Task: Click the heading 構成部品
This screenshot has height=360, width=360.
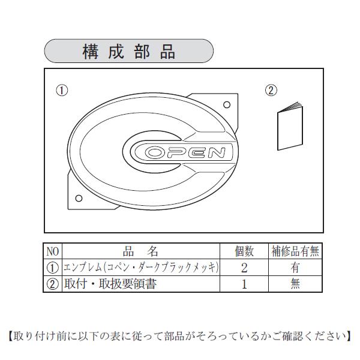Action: coord(128,51)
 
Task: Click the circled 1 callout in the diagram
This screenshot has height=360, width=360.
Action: coord(61,91)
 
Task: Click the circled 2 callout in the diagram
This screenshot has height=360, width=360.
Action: coord(271,91)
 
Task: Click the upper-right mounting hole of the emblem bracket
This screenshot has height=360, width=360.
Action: coord(228,103)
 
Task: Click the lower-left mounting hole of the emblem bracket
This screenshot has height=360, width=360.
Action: coord(79,198)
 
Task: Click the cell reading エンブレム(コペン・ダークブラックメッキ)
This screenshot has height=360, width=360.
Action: coord(140,268)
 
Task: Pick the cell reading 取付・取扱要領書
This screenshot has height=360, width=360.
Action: coord(111,284)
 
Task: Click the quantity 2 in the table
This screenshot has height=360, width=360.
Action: coord(244,268)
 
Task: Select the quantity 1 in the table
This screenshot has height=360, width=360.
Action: coord(244,284)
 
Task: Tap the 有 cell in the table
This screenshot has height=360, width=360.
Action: coord(295,268)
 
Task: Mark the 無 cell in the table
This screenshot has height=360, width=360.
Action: coord(295,284)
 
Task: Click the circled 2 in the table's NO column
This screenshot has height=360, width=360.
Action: coord(53,284)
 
